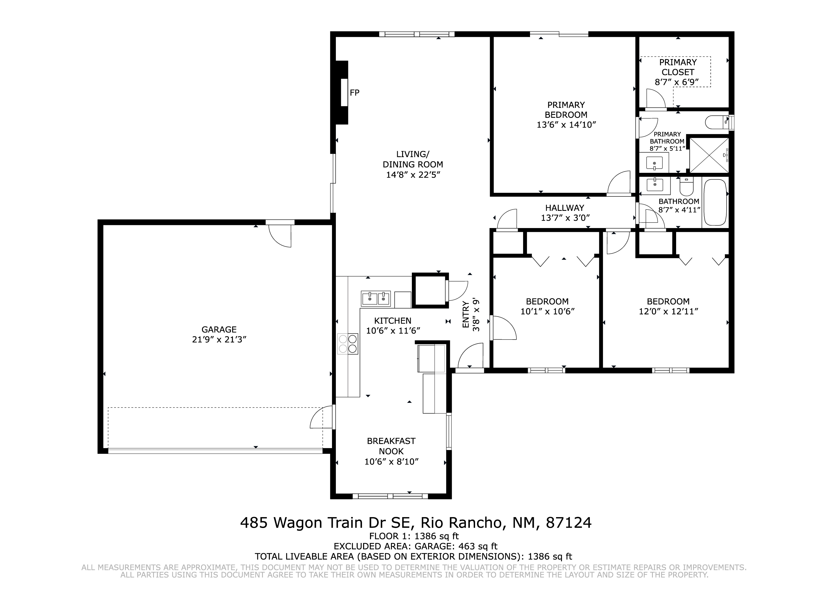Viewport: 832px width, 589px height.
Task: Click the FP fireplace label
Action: [354, 93]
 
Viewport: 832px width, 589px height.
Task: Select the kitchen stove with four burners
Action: [348, 344]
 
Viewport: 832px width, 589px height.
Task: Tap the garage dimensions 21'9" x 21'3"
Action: [219, 340]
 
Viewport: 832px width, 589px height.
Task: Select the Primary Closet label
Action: [678, 67]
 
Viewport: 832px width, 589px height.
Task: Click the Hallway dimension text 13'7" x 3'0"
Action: [565, 218]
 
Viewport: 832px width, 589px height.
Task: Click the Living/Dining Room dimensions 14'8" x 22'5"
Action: [413, 175]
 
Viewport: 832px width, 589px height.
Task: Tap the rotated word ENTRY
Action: [466, 315]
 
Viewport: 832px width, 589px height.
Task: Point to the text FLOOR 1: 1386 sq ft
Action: [414, 536]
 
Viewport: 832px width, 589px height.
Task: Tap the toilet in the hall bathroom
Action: [687, 186]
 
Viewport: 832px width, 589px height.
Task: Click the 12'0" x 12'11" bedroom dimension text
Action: [668, 312]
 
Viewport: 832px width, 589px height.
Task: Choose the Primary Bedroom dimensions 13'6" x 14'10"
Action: [566, 125]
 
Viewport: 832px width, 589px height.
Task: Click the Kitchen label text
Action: [393, 321]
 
